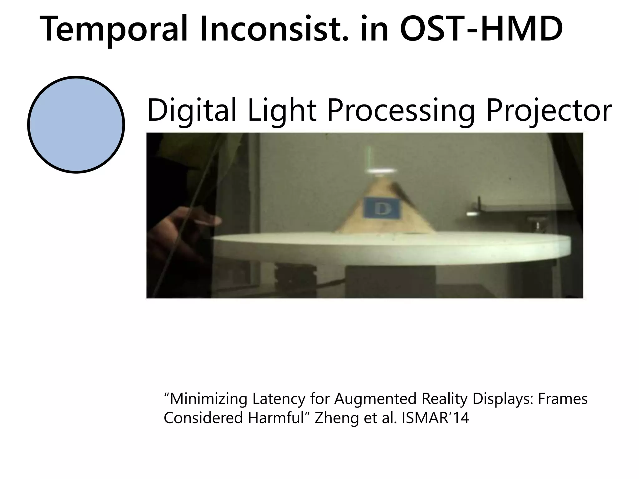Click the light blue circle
[x=76, y=124]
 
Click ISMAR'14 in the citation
[x=435, y=418]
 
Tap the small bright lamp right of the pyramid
[x=472, y=214]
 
